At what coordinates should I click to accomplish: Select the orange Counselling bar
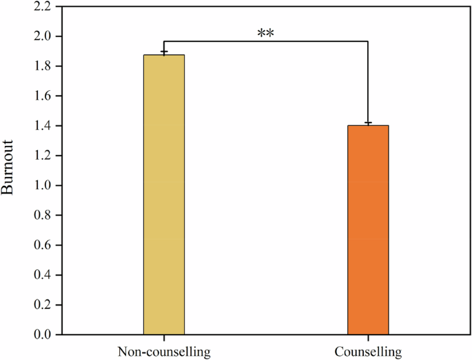(368, 230)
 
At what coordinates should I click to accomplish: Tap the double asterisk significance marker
(266, 33)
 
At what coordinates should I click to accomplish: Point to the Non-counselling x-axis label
(164, 352)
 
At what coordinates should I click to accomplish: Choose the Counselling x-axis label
(368, 352)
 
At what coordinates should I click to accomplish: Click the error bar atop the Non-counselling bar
(164, 52)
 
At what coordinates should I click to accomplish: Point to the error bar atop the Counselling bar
(368, 123)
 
